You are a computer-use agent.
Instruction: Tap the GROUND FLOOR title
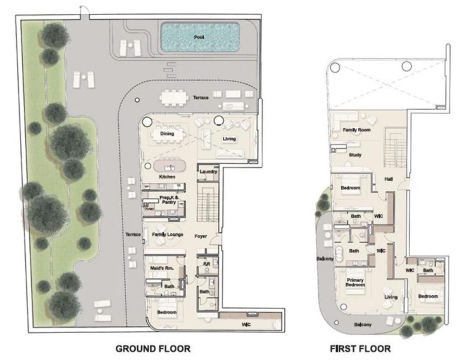[152, 348]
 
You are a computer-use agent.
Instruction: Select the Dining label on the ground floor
[167, 134]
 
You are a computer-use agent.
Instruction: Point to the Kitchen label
[167, 178]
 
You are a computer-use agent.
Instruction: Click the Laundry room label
[207, 172]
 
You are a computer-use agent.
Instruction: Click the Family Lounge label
[167, 234]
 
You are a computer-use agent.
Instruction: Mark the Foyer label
[201, 236]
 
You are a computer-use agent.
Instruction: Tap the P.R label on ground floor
[206, 263]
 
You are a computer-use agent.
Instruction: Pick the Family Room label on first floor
[356, 130]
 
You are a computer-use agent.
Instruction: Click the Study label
[355, 154]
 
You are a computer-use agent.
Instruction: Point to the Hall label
[388, 178]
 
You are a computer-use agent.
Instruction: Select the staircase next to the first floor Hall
[394, 146]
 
